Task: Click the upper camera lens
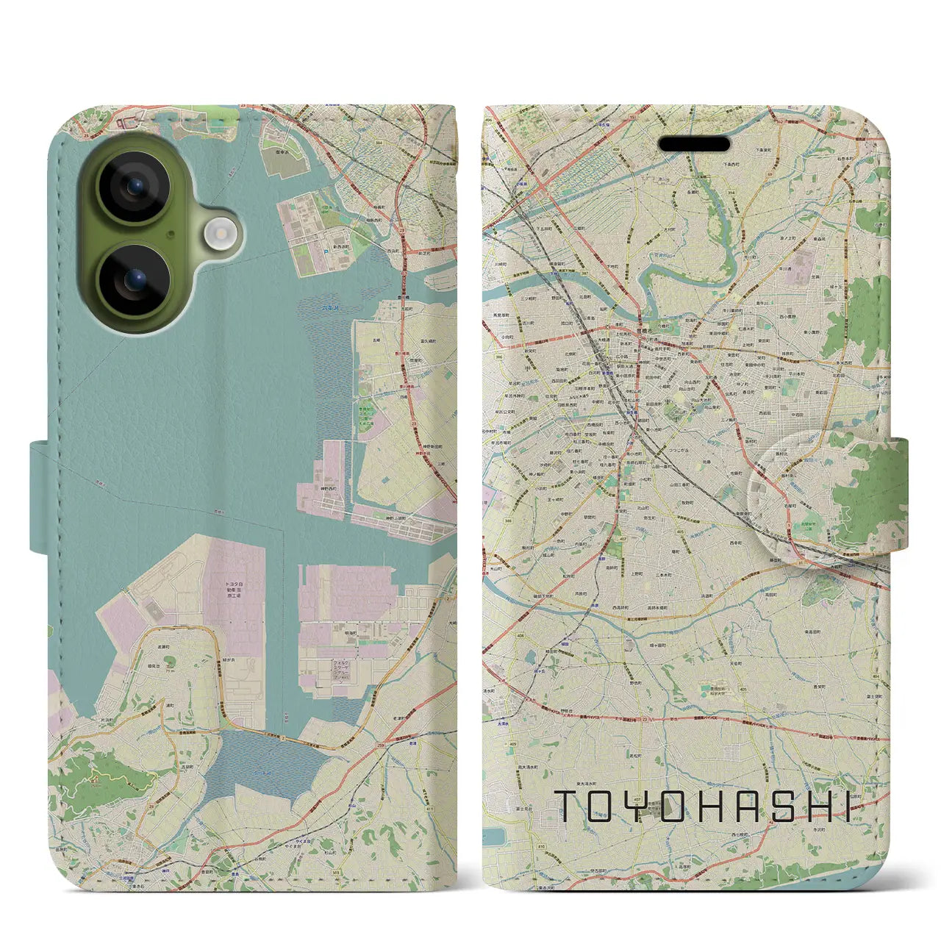pyautogui.click(x=135, y=187)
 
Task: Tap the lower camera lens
pyautogui.click(x=135, y=280)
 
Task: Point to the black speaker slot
pyautogui.click(x=693, y=143)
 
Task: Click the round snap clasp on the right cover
pyautogui.click(x=801, y=497)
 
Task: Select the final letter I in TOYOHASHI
pyautogui.click(x=847, y=806)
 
